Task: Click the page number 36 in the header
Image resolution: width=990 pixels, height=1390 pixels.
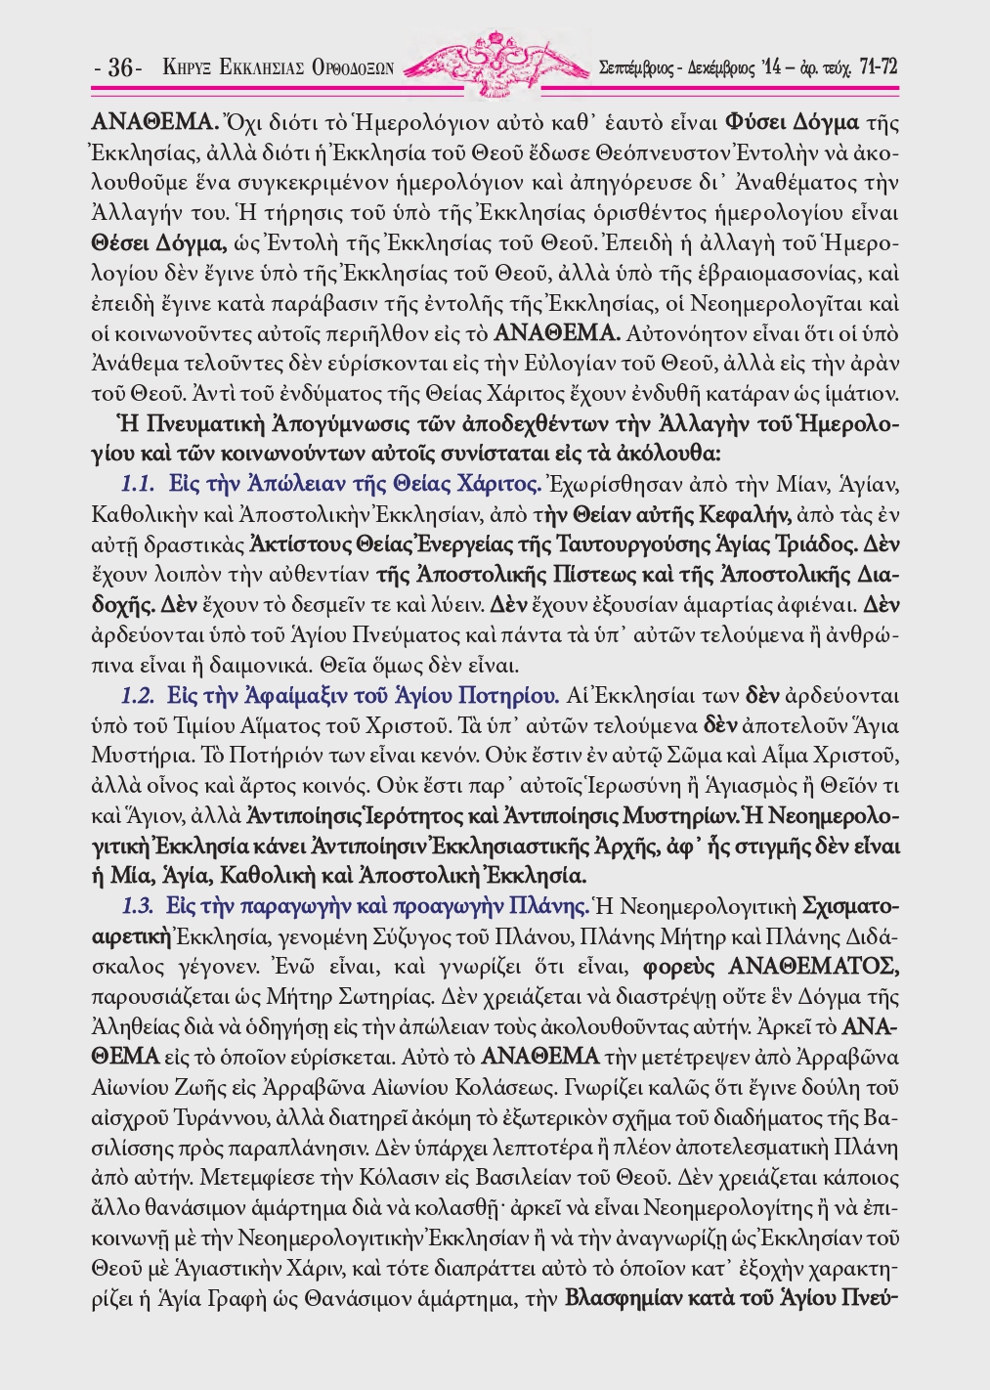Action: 120,68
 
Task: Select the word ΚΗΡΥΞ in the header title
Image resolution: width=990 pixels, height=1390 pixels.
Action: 187,68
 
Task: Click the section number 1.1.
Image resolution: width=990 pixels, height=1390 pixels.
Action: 138,484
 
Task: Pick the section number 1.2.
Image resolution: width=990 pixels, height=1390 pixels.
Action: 138,696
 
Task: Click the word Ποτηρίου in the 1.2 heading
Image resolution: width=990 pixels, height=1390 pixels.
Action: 513,696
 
